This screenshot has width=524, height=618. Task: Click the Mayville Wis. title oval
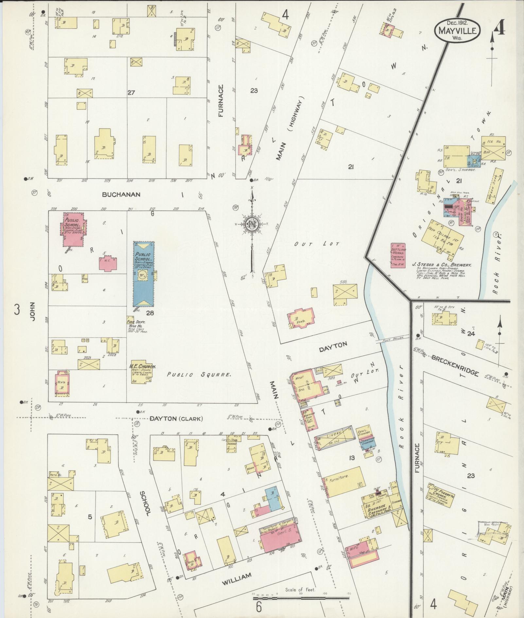(457, 30)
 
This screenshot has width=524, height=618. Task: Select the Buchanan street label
(121, 194)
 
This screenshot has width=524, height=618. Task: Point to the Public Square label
(199, 375)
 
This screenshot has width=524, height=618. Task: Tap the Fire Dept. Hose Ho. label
(137, 324)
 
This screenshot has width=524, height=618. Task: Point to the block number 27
(131, 93)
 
